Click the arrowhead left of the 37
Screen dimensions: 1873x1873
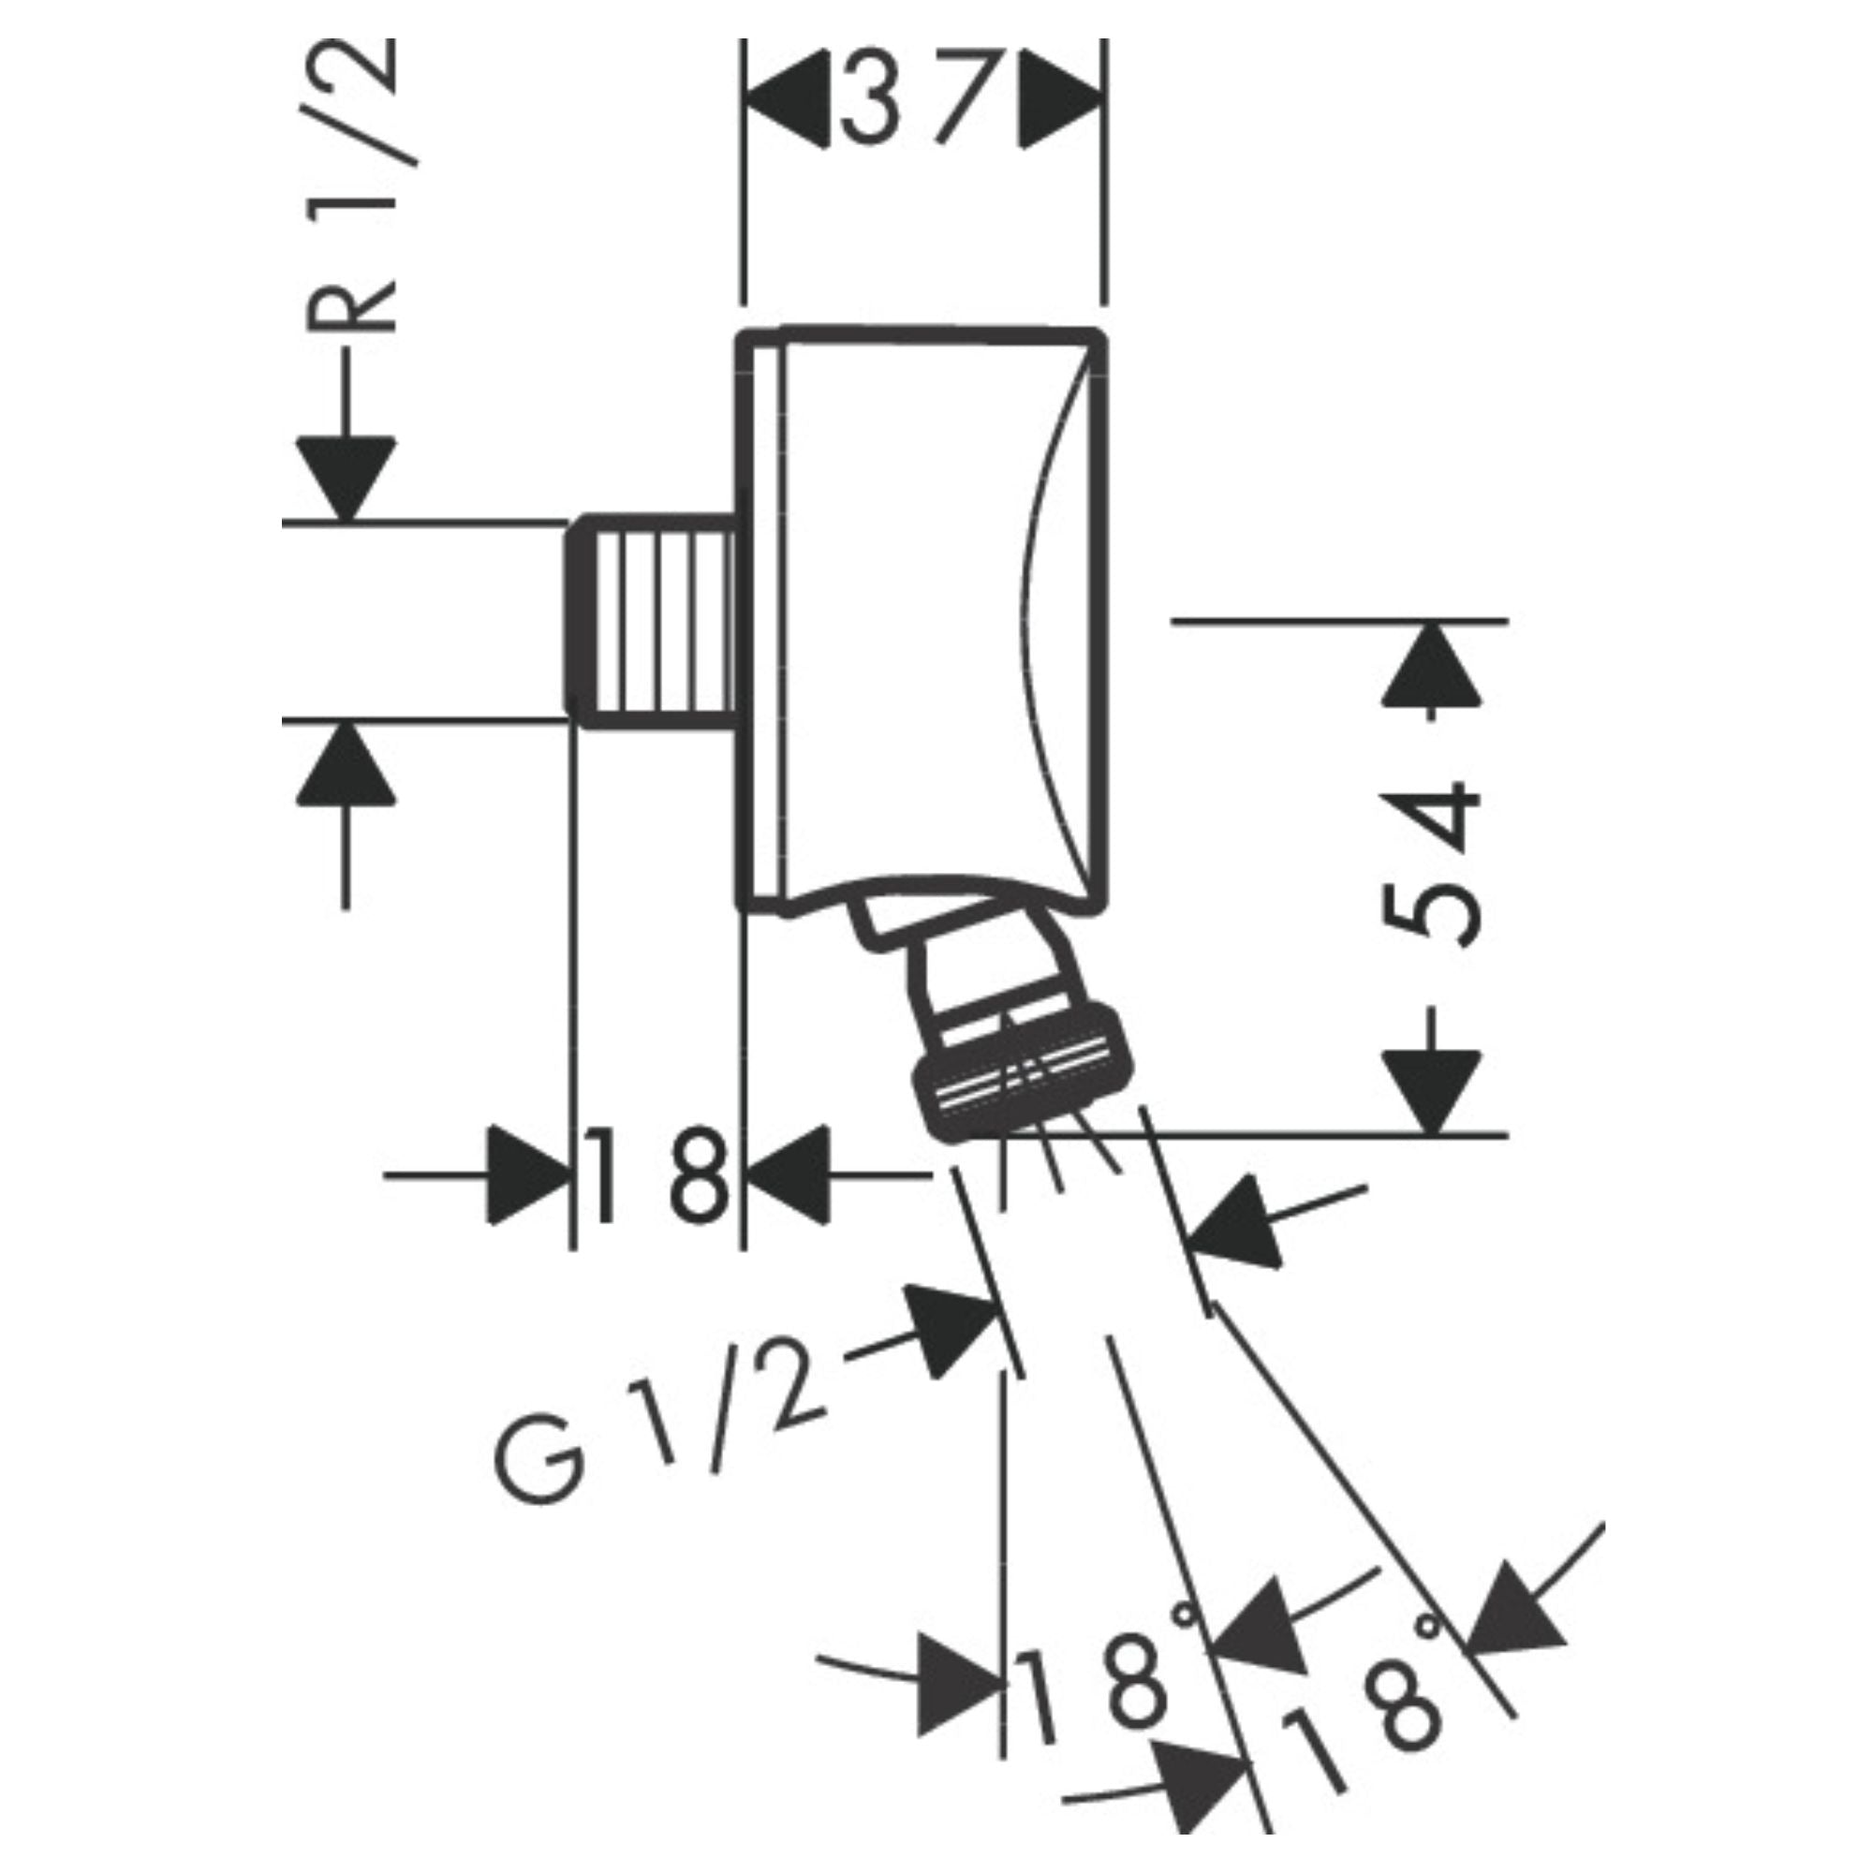pos(788,98)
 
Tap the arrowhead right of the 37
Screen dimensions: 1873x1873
pos(1062,98)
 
